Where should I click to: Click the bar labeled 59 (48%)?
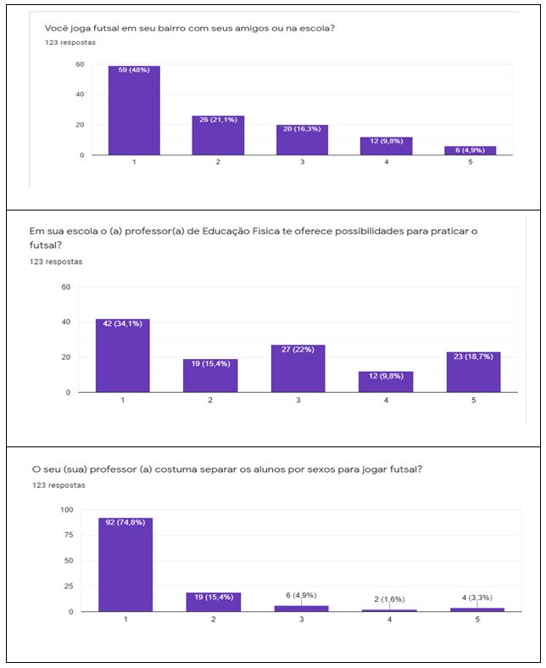click(134, 110)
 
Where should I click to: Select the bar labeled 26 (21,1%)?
click(218, 136)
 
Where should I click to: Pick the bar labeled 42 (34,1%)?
click(122, 356)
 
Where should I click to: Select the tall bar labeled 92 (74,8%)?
click(125, 564)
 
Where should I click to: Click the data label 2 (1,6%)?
click(388, 598)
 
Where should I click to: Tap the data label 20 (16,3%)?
click(302, 129)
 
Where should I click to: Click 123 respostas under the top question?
click(70, 42)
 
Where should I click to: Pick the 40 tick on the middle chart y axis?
click(66, 322)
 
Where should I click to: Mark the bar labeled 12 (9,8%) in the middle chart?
click(387, 381)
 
